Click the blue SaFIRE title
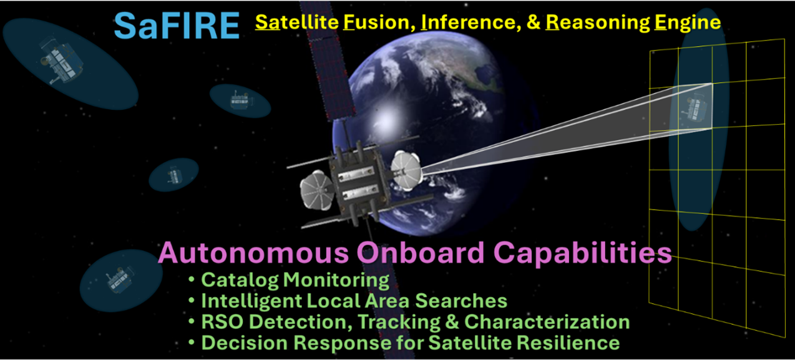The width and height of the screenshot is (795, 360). [x=177, y=25]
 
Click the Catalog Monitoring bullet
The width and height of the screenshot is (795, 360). [x=295, y=280]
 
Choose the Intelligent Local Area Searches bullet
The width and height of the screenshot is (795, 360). [x=353, y=301]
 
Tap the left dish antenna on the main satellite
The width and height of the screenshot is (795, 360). [x=319, y=190]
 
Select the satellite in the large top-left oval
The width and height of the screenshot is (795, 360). [x=61, y=61]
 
